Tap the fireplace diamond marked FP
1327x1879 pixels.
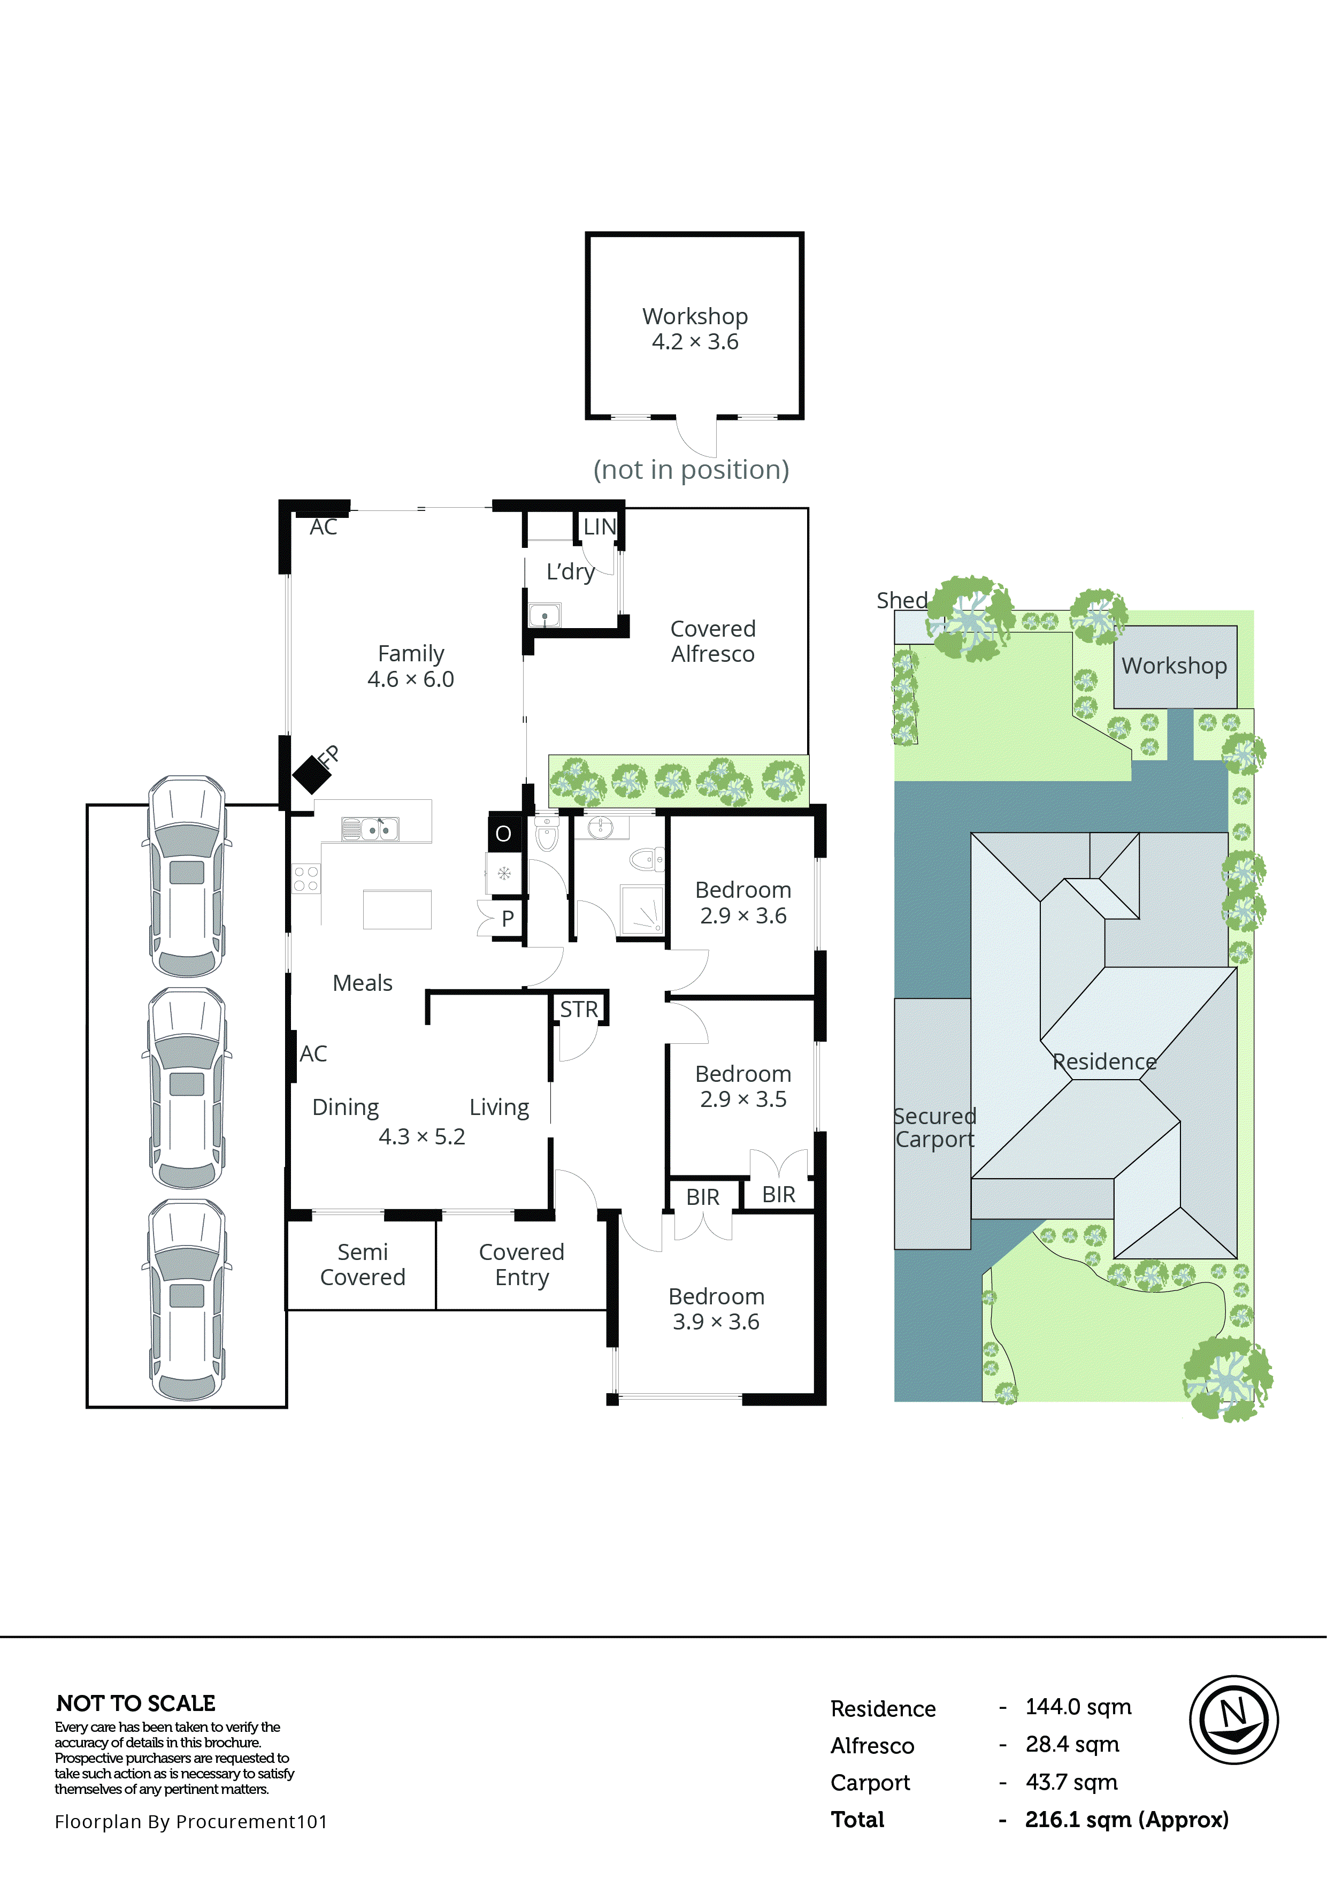tap(311, 773)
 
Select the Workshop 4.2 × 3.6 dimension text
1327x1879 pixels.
tap(695, 342)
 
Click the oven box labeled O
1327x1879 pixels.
tap(503, 833)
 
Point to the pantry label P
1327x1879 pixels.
tap(507, 918)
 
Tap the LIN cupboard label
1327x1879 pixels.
tap(599, 527)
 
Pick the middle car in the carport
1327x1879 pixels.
tap(187, 1088)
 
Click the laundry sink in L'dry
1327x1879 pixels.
tap(544, 615)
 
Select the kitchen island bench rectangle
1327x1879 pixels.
tap(397, 909)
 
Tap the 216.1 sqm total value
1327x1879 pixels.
tap(1126, 1819)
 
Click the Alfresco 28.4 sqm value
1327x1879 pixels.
tap(1072, 1745)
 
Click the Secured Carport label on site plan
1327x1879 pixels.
tap(934, 1128)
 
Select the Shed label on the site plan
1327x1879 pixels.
tap(902, 600)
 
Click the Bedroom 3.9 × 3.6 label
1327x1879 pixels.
tap(716, 1309)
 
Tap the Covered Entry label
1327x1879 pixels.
tap(521, 1264)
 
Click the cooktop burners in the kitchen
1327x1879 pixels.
tap(306, 879)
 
